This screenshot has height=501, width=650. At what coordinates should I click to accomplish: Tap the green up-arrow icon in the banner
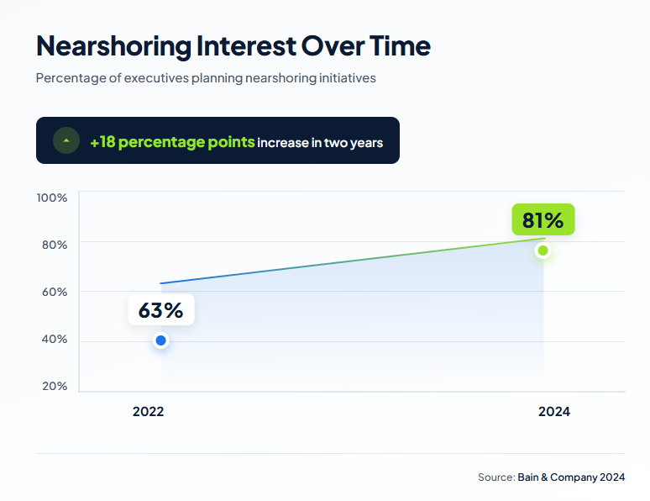[x=66, y=140]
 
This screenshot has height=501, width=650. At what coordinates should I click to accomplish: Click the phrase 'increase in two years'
[x=320, y=143]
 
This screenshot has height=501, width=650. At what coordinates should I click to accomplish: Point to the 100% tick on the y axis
[x=52, y=198]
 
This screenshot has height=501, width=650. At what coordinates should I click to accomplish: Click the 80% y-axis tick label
[x=54, y=245]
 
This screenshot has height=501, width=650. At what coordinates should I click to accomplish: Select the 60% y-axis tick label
[x=54, y=293]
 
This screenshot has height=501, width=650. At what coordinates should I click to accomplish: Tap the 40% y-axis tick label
[x=54, y=340]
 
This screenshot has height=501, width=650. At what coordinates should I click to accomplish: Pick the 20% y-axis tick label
[x=54, y=387]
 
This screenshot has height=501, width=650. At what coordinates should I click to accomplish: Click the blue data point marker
[x=161, y=340]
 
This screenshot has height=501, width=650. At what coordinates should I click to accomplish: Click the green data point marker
[x=543, y=250]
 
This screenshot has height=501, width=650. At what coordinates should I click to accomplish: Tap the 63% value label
[x=160, y=309]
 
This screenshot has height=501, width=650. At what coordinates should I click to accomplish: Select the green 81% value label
[x=543, y=220]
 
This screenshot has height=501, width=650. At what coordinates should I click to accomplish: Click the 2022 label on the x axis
[x=149, y=412]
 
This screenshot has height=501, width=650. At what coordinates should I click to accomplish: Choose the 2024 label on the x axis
[x=554, y=412]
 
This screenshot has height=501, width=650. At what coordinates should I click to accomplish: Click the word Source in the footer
[x=495, y=477]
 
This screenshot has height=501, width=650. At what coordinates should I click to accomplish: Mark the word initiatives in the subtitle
[x=345, y=78]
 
